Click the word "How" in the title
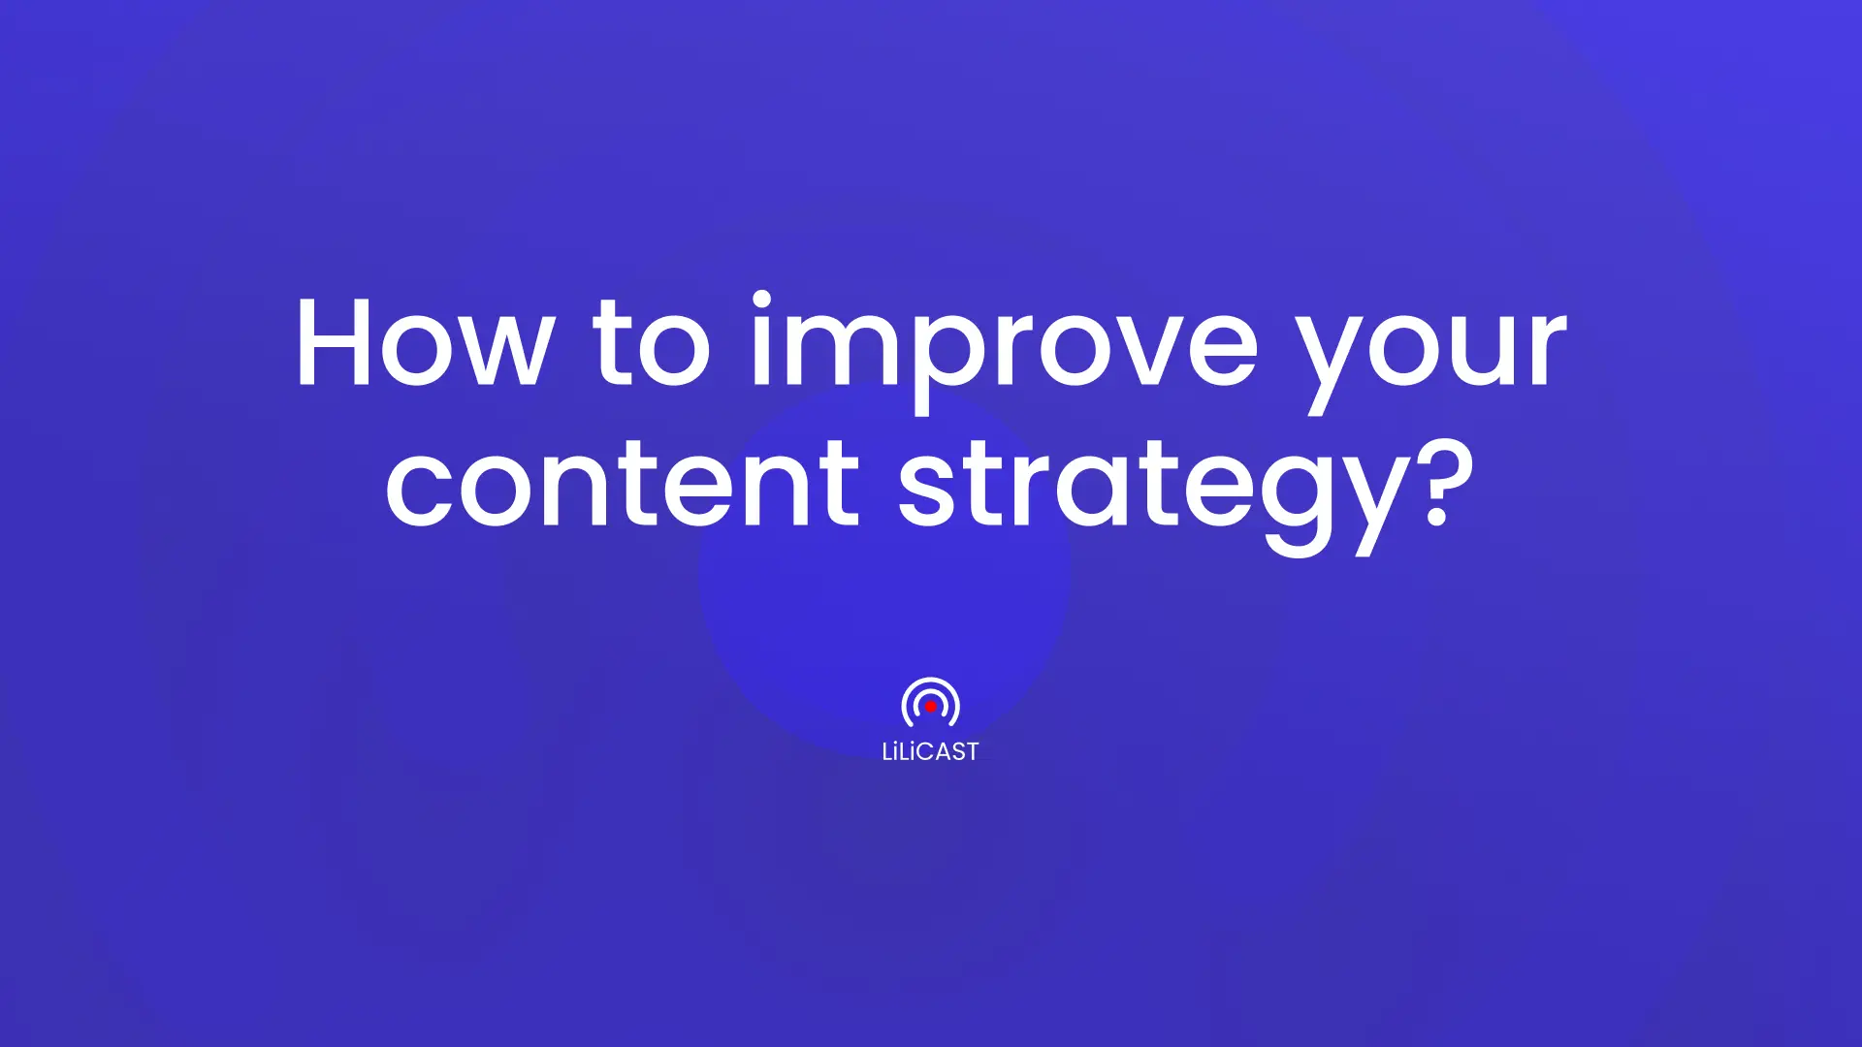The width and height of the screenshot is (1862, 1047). point(423,342)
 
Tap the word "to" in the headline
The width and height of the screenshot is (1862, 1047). point(653,342)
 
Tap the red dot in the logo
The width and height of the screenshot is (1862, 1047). point(931,708)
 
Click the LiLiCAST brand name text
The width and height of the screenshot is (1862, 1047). point(930,751)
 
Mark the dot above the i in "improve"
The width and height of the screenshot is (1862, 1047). point(762,301)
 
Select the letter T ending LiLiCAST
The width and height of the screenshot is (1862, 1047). point(970,752)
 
